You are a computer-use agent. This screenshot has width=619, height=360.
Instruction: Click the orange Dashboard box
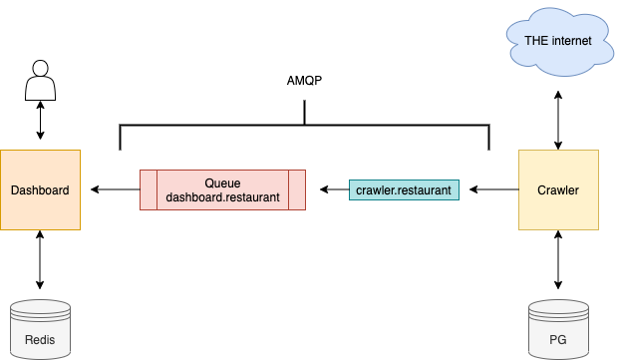(40, 189)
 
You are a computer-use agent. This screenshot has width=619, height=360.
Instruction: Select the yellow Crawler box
(558, 189)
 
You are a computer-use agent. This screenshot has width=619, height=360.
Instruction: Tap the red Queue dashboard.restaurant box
(222, 189)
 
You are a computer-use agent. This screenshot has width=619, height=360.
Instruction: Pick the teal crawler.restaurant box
(404, 188)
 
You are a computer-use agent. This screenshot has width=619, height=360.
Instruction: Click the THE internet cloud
(558, 41)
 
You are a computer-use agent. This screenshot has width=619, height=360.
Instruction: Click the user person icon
(40, 79)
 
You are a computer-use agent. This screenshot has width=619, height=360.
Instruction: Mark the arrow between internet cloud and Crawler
(558, 119)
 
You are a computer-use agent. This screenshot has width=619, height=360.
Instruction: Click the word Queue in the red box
(222, 182)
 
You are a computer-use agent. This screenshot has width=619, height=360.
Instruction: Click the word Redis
(40, 340)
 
